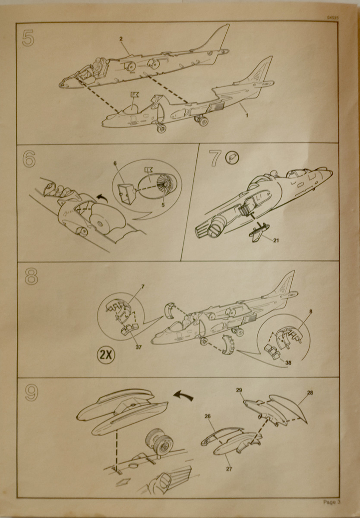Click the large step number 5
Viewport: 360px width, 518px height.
tap(28, 39)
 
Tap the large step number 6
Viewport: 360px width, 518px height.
tap(29, 159)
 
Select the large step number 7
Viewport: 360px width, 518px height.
tap(215, 158)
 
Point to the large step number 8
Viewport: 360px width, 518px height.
tap(31, 276)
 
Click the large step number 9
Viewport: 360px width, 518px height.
tap(32, 392)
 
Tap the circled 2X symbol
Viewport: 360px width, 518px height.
tap(106, 355)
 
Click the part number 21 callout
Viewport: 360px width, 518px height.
tap(276, 240)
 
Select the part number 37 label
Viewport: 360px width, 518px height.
tap(138, 347)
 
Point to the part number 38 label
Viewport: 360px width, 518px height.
tap(288, 363)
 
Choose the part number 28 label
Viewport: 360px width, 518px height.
tap(310, 393)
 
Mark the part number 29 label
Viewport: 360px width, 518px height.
tap(239, 390)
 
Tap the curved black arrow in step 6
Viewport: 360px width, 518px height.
tap(102, 199)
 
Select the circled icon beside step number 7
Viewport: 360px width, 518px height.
tap(232, 158)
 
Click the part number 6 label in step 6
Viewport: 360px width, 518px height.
tap(115, 163)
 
